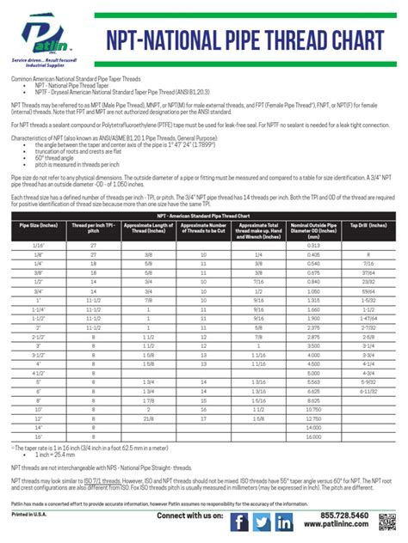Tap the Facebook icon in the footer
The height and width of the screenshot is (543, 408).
241,522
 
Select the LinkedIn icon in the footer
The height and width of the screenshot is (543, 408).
284,522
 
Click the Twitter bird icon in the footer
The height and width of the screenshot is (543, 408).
263,522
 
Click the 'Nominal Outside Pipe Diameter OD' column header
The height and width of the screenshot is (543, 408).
319,228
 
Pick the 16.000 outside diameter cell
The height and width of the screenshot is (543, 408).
319,436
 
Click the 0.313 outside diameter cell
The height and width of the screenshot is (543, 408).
319,245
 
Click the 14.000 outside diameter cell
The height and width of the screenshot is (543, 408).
319,426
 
